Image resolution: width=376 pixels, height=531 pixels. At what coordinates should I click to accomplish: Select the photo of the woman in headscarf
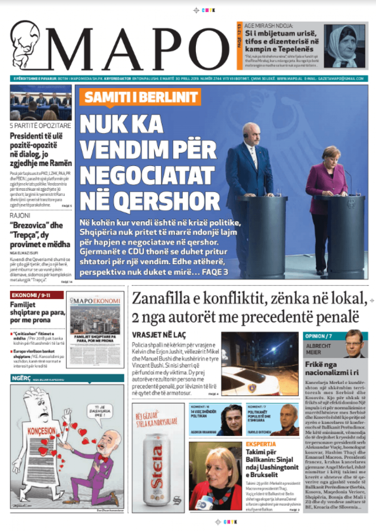point(345,45)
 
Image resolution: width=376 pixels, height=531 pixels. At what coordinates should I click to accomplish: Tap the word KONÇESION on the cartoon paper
point(41,430)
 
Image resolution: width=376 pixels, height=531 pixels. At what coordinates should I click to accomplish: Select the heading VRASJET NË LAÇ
point(159,334)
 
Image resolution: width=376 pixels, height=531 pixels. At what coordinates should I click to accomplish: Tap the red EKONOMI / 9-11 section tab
point(36,295)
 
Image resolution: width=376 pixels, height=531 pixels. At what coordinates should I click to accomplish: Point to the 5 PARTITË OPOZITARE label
point(41,125)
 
